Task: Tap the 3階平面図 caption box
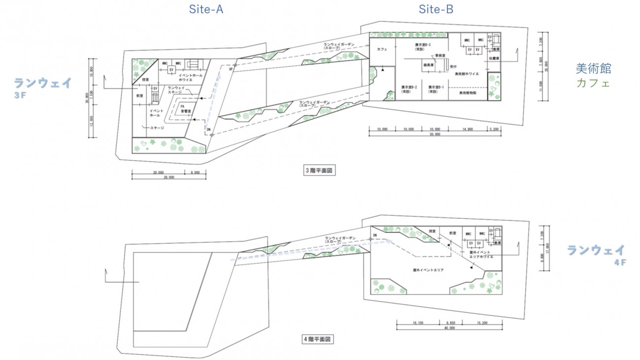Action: pyautogui.click(x=320, y=171)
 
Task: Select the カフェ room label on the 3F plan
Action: pyautogui.click(x=382, y=50)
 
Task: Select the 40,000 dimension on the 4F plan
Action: pyautogui.click(x=448, y=328)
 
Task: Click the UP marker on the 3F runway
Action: pyautogui.click(x=231, y=69)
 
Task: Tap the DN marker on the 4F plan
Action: pyautogui.click(x=375, y=235)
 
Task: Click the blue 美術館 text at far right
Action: pyautogui.click(x=593, y=69)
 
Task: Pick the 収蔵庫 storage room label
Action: pyautogui.click(x=494, y=58)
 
